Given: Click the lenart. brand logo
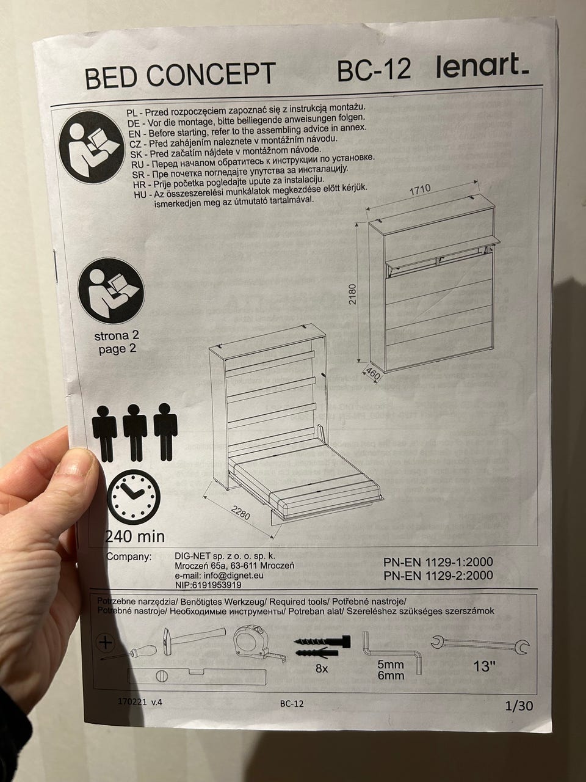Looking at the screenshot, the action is point(482,66).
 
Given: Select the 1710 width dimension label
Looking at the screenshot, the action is point(420,189).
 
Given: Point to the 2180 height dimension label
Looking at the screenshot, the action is point(352,294).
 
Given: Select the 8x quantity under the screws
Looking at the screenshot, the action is point(322,669).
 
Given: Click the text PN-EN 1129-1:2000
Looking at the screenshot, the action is point(438,562).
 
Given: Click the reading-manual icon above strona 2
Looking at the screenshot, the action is point(111,291).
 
